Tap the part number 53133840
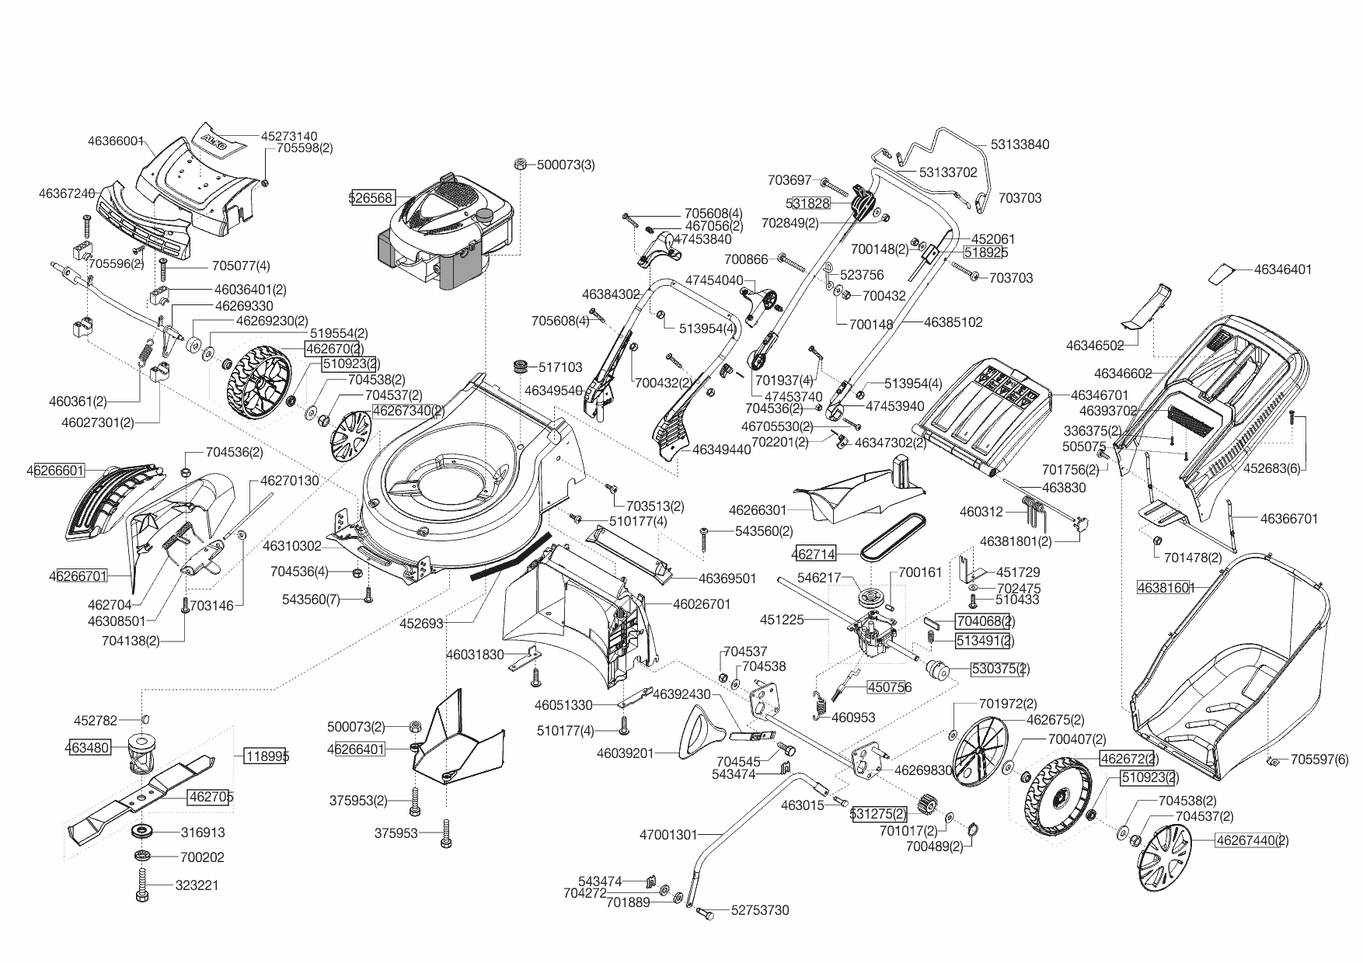coord(1020,144)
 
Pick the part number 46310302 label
coord(292,547)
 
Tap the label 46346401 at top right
coord(1283,269)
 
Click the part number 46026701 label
coord(702,603)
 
